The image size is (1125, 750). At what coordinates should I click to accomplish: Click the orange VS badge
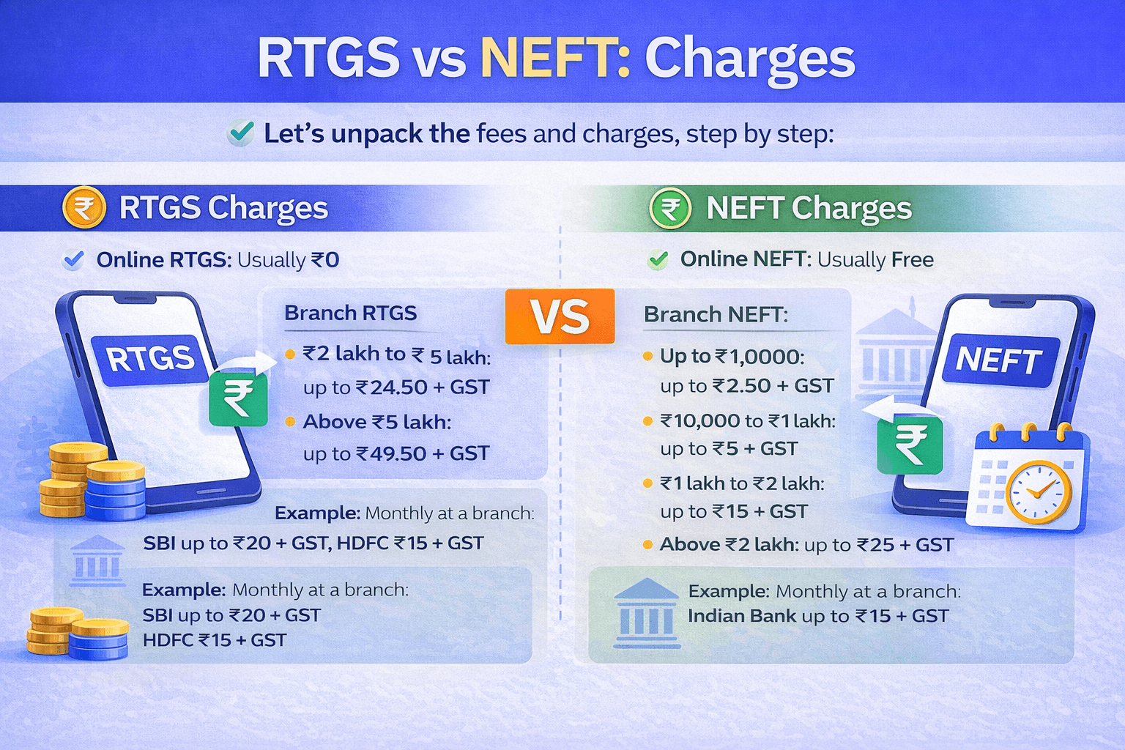[x=560, y=316]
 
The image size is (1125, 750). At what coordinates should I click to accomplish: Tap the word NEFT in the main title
[x=554, y=58]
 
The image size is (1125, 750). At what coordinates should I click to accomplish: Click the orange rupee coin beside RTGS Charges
[x=84, y=208]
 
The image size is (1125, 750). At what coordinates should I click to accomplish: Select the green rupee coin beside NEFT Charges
[x=670, y=209]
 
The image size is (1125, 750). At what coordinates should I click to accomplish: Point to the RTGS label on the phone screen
[x=150, y=359]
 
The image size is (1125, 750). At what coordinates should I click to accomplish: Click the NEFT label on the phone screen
[x=999, y=360]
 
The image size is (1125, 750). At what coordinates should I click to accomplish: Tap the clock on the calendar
[x=1039, y=492]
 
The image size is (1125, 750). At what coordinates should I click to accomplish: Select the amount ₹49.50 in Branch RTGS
[x=393, y=454]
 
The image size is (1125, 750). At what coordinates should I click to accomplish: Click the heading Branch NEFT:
[x=716, y=315]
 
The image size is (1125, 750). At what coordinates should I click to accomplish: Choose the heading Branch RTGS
[x=350, y=313]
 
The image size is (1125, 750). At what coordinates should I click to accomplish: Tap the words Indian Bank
[x=741, y=616]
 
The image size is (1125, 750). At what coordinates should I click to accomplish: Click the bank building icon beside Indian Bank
[x=647, y=614]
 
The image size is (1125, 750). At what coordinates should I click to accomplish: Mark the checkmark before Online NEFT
[x=658, y=259]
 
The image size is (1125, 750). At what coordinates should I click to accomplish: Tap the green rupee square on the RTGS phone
[x=238, y=398]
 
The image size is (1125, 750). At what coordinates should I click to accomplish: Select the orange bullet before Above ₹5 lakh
[x=289, y=422]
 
